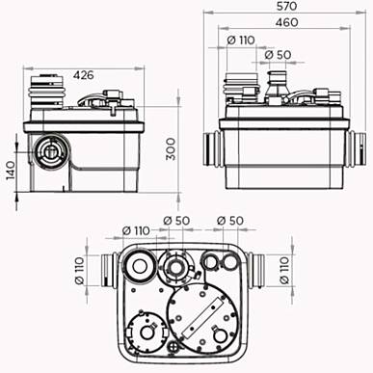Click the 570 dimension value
point(287,6)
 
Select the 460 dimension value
point(286,22)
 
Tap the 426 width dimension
point(84,75)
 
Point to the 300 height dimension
point(171,148)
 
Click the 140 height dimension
point(11,171)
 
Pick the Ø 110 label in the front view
point(241,40)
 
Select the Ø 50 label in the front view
point(278,55)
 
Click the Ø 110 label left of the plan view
point(79,270)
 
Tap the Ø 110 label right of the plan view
point(284,270)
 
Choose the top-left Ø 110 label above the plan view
point(136,230)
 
